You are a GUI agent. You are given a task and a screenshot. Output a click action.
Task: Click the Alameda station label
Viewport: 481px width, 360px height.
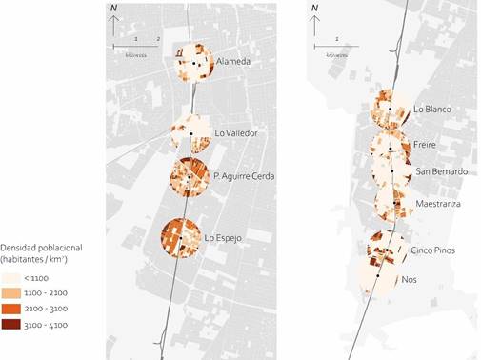click(x=232, y=62)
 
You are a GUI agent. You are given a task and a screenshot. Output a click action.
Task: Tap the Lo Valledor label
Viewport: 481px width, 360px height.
click(x=236, y=132)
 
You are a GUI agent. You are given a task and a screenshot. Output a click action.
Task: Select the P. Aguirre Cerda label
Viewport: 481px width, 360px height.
click(x=244, y=175)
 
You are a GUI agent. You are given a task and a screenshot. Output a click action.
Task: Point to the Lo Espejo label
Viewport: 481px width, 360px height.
click(x=223, y=237)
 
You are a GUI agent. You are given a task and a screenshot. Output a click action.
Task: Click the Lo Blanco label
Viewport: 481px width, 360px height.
click(x=431, y=109)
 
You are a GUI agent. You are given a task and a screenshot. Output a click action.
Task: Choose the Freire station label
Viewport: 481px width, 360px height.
click(x=425, y=146)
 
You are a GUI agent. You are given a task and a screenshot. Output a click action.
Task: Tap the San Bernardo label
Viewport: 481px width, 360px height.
click(x=442, y=171)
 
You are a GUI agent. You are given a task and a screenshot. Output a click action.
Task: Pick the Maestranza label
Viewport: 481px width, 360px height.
click(x=436, y=204)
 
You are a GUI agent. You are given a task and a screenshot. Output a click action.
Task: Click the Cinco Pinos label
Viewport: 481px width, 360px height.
click(x=433, y=250)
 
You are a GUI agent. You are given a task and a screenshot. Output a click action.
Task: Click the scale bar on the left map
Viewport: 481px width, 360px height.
click(x=136, y=45)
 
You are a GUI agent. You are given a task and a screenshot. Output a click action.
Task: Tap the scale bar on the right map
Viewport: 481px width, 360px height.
click(x=337, y=45)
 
